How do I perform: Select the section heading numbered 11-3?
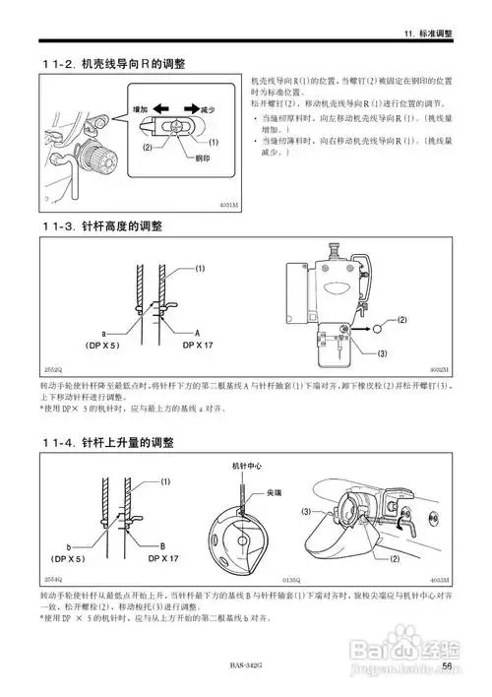(102, 225)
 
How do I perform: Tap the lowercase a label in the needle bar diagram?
(102, 335)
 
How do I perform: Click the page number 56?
(447, 666)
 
